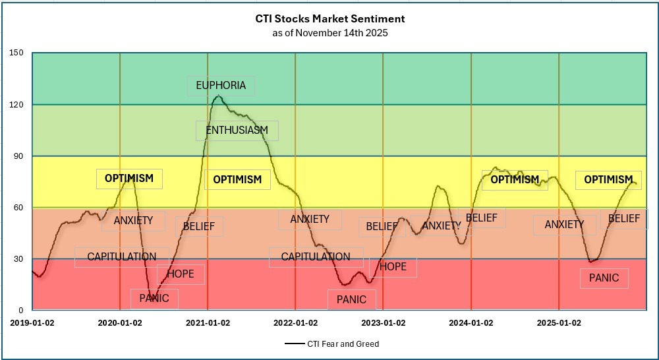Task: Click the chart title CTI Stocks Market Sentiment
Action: click(330, 19)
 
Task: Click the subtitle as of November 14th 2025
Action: click(330, 32)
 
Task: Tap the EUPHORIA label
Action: click(221, 86)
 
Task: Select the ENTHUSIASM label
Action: click(237, 131)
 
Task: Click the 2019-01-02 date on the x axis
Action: click(32, 323)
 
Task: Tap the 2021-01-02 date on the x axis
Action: click(208, 323)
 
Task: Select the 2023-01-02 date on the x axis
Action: click(384, 323)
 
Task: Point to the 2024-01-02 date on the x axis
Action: click(471, 323)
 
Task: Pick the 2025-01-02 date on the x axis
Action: click(559, 323)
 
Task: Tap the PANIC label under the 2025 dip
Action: click(604, 278)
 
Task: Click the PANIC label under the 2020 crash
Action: click(154, 299)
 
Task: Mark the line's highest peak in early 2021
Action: click(218, 96)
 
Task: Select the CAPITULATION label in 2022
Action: click(316, 257)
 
